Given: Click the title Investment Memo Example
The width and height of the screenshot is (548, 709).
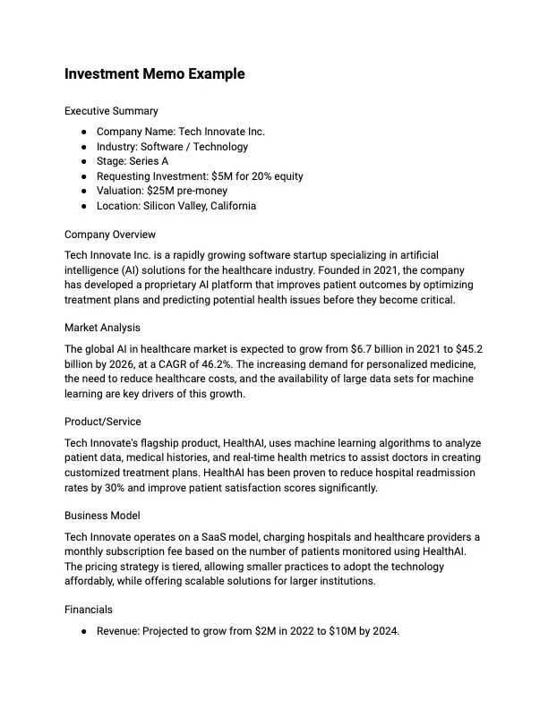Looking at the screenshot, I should tap(154, 74).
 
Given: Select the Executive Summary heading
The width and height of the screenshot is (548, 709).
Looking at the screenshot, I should tap(111, 111).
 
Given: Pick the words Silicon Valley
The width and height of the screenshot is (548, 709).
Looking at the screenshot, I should tap(175, 206).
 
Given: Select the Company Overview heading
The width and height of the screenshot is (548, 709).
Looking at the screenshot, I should tap(110, 235).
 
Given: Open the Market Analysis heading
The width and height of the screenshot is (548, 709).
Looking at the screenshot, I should tap(102, 328).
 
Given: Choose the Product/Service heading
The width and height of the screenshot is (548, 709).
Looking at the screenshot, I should tap(103, 422).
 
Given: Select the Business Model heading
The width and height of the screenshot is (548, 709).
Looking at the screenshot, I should tap(102, 516).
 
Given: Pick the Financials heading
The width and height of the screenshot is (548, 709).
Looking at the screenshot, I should tap(89, 610).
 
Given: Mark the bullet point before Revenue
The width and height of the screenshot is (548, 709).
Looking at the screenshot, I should tap(83, 631).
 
